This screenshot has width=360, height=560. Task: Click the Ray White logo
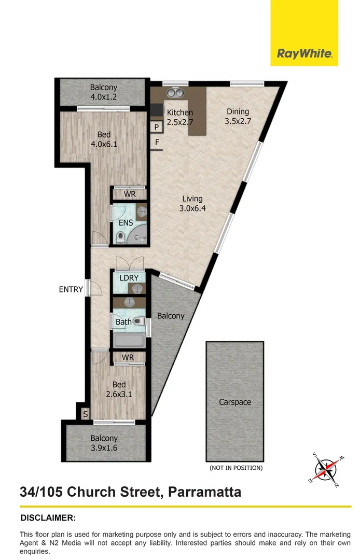click(304, 33)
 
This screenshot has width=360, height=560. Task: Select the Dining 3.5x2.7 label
click(238, 117)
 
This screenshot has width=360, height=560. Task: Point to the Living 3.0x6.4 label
click(192, 204)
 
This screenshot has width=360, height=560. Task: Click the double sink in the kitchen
click(175, 93)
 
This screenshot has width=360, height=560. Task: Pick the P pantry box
click(157, 127)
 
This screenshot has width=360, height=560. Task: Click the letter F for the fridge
click(157, 143)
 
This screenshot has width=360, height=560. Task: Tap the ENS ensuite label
click(126, 223)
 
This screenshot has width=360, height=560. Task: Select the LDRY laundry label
click(129, 278)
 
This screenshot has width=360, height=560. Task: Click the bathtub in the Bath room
click(129, 340)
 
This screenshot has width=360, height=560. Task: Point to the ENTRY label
click(71, 289)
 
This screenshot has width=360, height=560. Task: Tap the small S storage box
click(85, 414)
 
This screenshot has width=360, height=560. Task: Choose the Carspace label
click(235, 402)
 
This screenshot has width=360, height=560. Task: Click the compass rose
click(326, 469)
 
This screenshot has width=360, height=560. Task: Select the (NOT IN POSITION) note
click(236, 468)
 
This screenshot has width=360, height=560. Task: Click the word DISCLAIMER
click(48, 518)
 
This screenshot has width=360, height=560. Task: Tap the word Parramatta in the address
click(205, 492)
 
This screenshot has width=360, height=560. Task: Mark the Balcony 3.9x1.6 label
click(104, 443)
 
